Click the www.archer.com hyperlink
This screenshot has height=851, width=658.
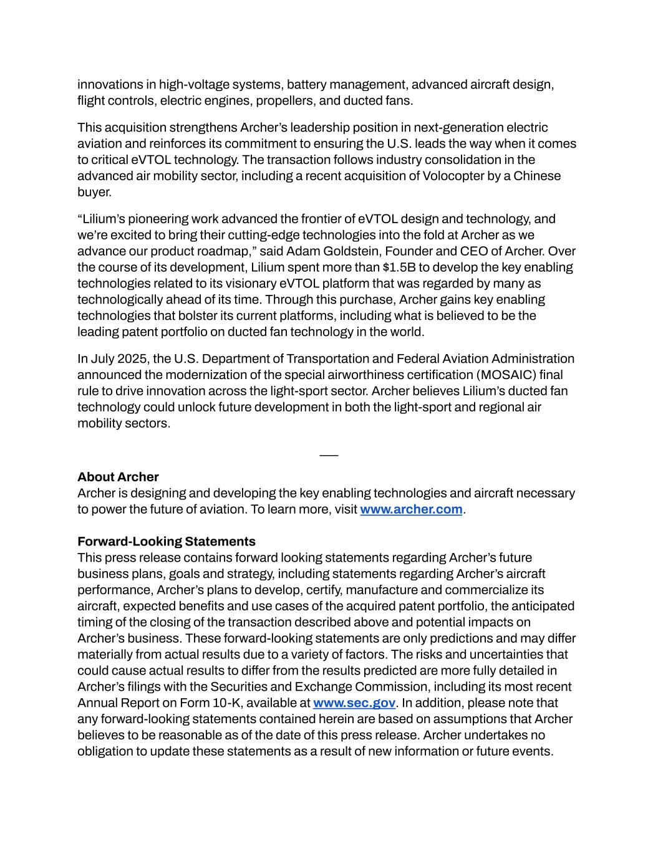(x=411, y=509)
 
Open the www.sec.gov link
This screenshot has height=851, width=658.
(x=354, y=703)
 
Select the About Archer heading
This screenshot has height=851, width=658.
(x=118, y=477)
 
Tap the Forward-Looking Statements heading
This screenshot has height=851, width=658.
(x=167, y=541)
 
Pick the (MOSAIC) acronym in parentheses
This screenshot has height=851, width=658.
(x=505, y=375)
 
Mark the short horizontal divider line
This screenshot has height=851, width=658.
(x=329, y=456)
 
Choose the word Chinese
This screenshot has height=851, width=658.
(x=538, y=176)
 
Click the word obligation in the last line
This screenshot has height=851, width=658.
(x=105, y=751)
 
